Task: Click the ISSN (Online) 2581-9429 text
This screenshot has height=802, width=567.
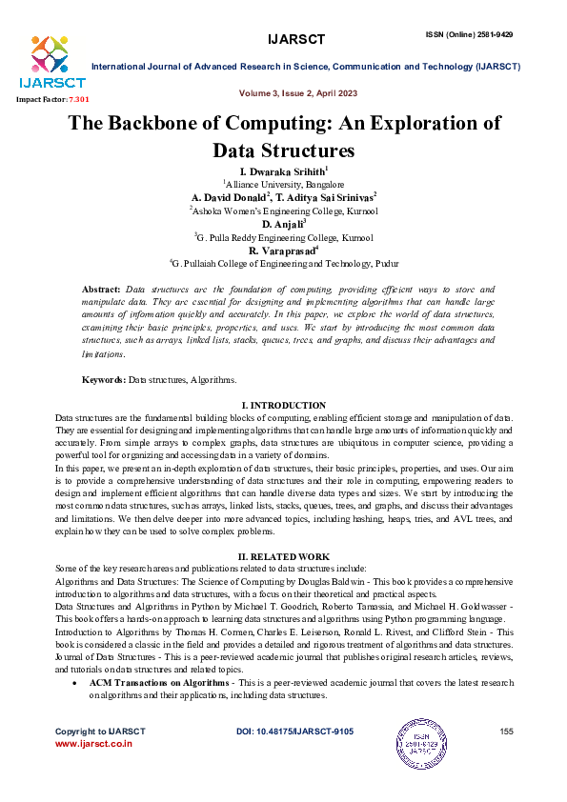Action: coord(469,34)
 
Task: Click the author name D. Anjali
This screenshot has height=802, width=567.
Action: coord(283,223)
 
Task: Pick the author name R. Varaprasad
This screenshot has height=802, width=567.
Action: coord(283,251)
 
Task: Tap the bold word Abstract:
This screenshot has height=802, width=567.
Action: coord(102,288)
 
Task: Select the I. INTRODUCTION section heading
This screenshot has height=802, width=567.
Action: coord(284,406)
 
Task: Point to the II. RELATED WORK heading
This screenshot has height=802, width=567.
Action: coord(284,556)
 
